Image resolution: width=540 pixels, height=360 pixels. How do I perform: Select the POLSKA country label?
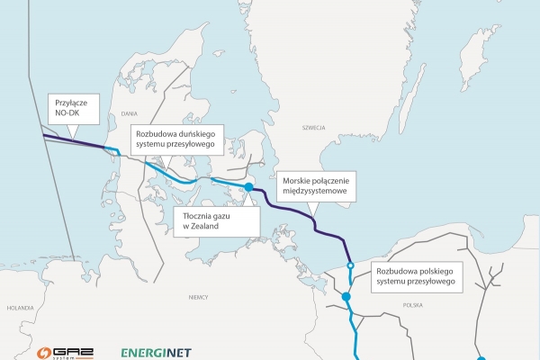[413, 304]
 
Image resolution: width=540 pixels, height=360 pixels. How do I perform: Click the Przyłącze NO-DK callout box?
[68, 109]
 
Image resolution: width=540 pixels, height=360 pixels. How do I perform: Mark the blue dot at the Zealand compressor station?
[249, 188]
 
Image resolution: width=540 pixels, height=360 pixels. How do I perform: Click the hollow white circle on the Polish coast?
[350, 266]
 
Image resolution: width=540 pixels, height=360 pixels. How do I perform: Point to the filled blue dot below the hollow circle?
[346, 296]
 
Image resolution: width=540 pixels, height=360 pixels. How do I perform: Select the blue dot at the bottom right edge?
[481, 357]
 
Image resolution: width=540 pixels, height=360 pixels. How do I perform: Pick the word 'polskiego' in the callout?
[436, 268]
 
